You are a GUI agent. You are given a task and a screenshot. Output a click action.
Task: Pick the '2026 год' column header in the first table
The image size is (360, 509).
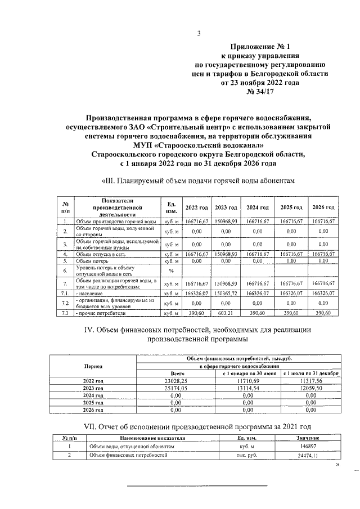(x=326, y=208)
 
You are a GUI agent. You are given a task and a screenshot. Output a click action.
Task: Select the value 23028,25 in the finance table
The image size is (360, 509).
(x=178, y=381)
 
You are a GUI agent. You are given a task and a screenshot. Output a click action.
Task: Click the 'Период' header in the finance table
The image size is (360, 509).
(x=93, y=366)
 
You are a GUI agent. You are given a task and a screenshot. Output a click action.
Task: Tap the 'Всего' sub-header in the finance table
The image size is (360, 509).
(x=178, y=373)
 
